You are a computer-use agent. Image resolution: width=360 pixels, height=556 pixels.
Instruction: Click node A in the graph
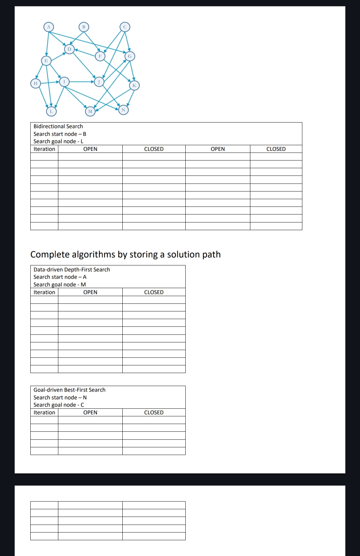click(x=49, y=27)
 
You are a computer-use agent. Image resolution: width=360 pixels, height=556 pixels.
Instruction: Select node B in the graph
click(x=84, y=27)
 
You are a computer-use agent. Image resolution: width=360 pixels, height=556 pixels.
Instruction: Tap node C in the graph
click(x=125, y=27)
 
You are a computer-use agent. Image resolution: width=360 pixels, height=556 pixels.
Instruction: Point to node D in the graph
click(x=69, y=49)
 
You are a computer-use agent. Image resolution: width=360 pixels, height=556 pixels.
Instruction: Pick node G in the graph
click(x=130, y=56)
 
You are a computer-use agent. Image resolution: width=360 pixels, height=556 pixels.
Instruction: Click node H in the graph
click(x=35, y=83)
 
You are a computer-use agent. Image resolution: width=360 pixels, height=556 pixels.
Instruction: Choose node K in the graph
click(x=134, y=85)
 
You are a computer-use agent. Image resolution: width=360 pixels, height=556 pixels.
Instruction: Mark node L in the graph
click(x=51, y=111)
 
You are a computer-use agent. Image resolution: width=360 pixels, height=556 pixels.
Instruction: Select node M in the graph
click(x=90, y=111)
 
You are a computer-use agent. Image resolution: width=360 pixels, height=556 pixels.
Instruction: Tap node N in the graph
click(x=123, y=110)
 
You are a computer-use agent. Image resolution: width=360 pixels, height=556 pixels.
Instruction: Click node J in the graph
click(x=99, y=82)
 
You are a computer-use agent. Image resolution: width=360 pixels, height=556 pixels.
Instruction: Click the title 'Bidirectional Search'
click(x=58, y=126)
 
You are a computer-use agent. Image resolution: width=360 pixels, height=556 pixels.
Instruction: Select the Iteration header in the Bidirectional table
click(x=44, y=149)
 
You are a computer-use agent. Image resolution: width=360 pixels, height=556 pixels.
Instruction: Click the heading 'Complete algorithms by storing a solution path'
click(x=125, y=255)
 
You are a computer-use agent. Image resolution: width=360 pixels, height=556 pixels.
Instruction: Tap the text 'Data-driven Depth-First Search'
click(x=72, y=270)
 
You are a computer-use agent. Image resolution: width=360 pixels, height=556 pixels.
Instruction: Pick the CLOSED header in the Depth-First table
click(x=154, y=292)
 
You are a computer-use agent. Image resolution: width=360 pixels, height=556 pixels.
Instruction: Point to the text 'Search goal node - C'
click(x=59, y=405)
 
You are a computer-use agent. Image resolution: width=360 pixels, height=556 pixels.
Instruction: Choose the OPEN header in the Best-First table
click(x=90, y=412)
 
